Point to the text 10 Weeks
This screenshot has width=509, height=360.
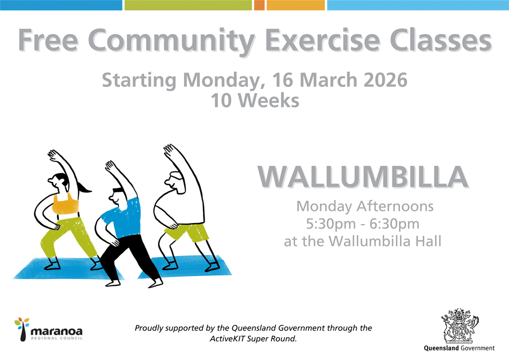pyautogui.click(x=255, y=100)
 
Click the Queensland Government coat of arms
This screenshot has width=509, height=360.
pyautogui.click(x=459, y=325)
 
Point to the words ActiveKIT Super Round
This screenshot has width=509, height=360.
pyautogui.click(x=253, y=339)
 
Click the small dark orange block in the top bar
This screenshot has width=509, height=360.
pyautogui.click(x=259, y=5)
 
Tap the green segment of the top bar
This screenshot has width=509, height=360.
pyautogui.click(x=188, y=5)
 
